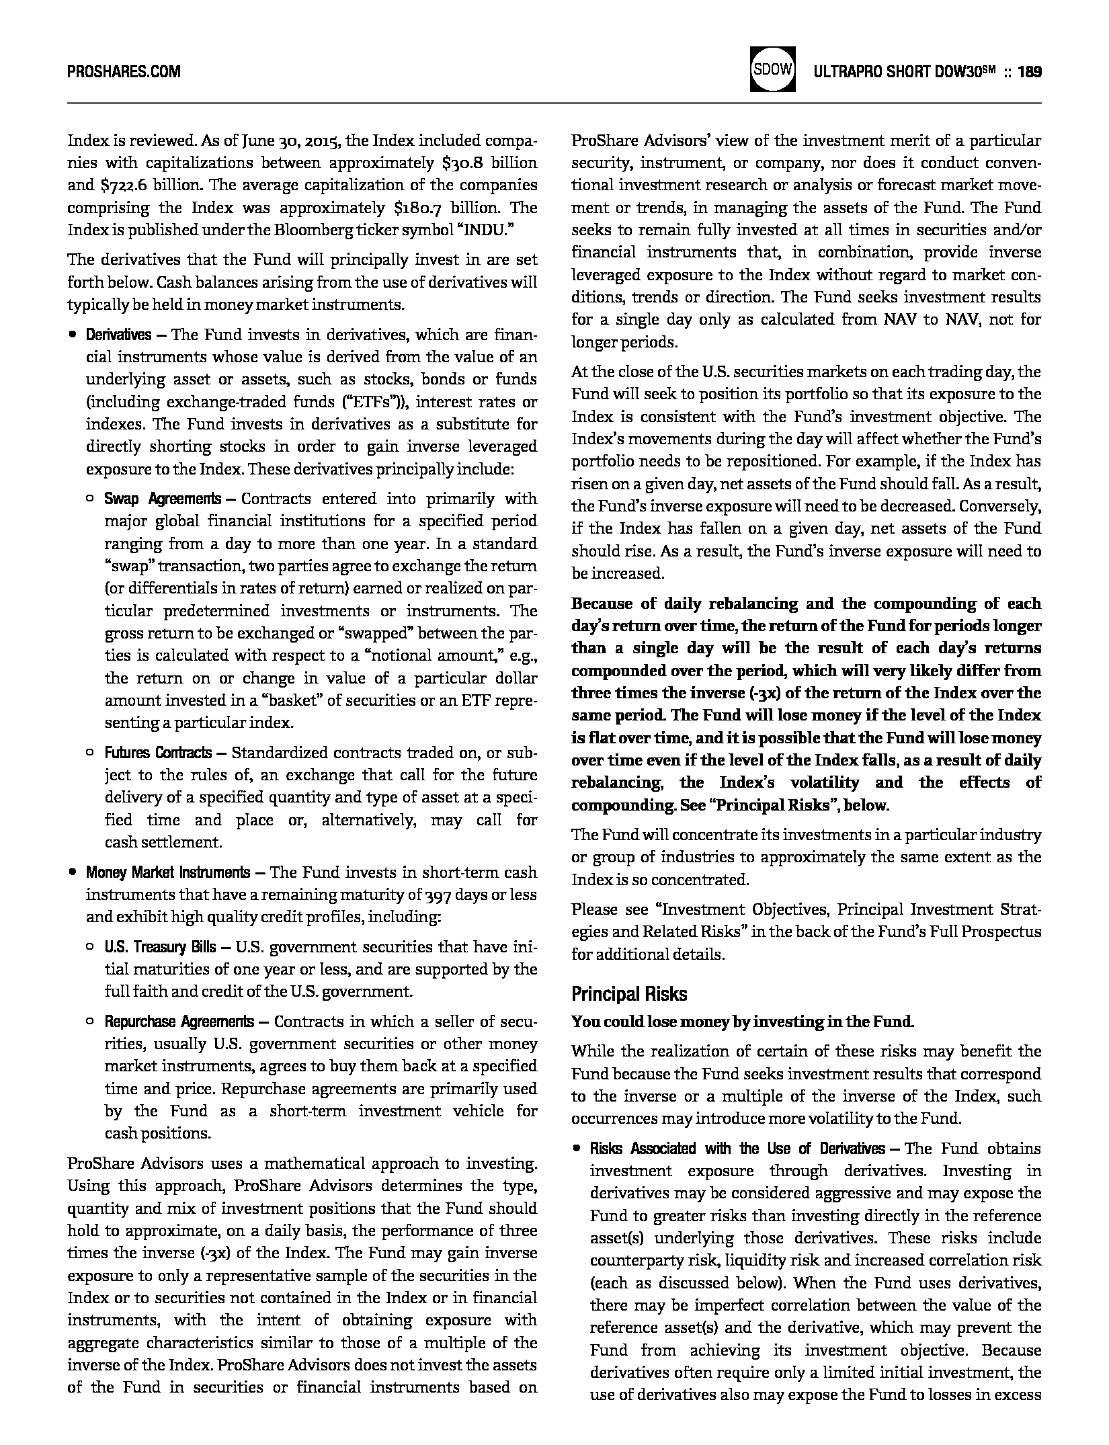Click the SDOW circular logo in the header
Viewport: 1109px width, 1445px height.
click(773, 70)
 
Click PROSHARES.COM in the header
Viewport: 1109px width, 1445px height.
click(124, 71)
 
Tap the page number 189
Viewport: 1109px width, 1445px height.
click(1030, 71)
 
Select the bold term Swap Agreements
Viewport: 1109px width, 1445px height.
click(163, 499)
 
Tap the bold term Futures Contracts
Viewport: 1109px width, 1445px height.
click(158, 753)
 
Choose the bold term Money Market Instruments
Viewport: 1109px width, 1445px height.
click(167, 872)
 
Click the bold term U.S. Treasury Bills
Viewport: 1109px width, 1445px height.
click(160, 947)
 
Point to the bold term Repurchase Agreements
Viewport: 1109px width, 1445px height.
click(179, 1022)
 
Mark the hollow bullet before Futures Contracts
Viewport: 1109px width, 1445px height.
click(89, 753)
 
